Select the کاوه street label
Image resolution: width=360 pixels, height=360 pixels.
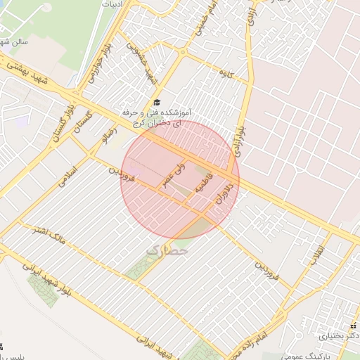[x=226, y=74]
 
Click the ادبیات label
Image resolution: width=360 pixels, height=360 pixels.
[x=112, y=4]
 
